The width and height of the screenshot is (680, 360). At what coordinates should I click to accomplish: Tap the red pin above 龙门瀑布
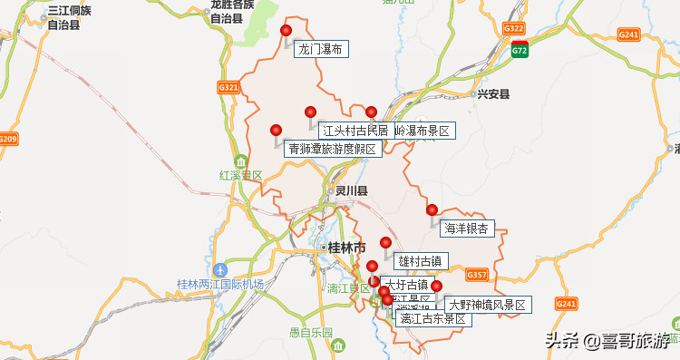click(286, 31)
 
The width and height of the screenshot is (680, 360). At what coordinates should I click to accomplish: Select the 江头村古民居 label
click(355, 131)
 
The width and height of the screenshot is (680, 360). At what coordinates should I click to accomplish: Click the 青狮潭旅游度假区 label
click(331, 149)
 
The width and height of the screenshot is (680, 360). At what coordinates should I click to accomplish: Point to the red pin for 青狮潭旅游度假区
click(277, 131)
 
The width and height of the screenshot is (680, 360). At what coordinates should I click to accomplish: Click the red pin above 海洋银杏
click(432, 210)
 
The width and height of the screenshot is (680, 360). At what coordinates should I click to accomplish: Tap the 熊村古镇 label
click(420, 261)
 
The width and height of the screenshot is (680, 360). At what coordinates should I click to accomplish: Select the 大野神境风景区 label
click(486, 305)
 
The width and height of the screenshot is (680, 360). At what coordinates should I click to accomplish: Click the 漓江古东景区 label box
click(432, 318)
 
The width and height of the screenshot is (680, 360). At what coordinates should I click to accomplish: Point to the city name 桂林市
click(347, 248)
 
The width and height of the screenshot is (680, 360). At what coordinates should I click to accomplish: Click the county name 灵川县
click(351, 191)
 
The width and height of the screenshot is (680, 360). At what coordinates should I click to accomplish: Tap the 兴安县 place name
click(494, 93)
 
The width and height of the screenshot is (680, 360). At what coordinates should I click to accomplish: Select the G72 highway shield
click(520, 50)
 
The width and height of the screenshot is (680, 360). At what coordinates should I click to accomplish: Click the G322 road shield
click(514, 29)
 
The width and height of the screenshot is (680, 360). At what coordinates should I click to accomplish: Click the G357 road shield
click(477, 274)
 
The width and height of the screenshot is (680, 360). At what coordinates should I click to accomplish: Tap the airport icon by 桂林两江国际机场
click(220, 269)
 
